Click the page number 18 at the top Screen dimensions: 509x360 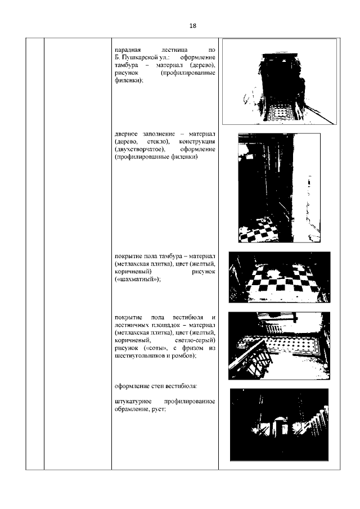192,26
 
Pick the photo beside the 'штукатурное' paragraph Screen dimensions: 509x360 279,425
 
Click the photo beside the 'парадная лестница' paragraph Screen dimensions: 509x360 279,81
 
